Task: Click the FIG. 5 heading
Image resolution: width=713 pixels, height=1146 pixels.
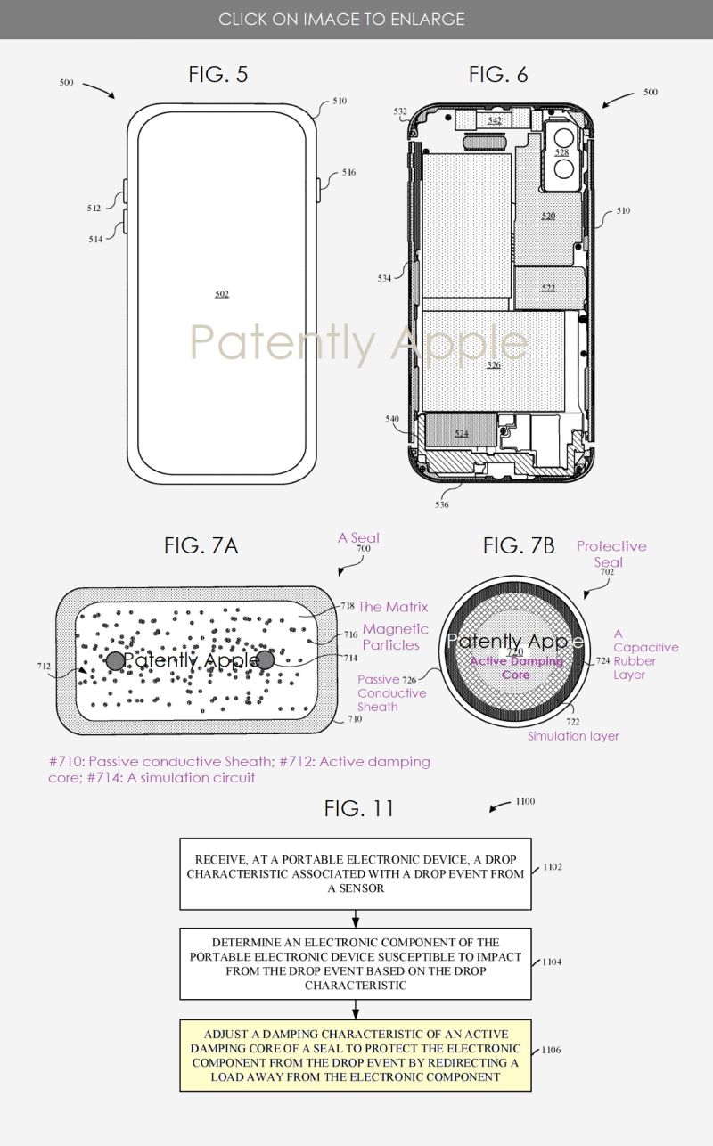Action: pyautogui.click(x=218, y=75)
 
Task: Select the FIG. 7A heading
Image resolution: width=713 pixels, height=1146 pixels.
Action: pyautogui.click(x=201, y=546)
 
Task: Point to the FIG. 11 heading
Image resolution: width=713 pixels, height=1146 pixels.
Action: pyautogui.click(x=358, y=808)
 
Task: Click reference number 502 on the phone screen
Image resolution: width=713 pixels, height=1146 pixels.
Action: pyautogui.click(x=222, y=293)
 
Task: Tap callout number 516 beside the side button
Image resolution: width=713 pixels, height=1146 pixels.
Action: pyautogui.click(x=348, y=172)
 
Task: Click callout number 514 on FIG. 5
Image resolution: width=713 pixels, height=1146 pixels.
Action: pyautogui.click(x=95, y=239)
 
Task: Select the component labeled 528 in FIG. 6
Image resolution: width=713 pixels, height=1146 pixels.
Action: pyautogui.click(x=561, y=152)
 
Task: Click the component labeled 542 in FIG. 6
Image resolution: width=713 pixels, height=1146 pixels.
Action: pyautogui.click(x=494, y=120)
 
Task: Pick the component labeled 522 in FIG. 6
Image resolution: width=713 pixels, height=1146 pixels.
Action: pyautogui.click(x=547, y=288)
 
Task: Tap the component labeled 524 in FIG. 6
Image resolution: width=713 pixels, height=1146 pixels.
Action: pyautogui.click(x=461, y=433)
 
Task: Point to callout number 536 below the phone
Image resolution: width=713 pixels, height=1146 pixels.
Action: pyautogui.click(x=442, y=505)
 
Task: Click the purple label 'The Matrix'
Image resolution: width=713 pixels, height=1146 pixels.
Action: pyautogui.click(x=393, y=607)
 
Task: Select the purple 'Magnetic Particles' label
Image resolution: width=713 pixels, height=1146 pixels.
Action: pyautogui.click(x=396, y=636)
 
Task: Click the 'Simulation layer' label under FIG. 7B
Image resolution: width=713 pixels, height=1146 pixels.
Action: pyautogui.click(x=573, y=736)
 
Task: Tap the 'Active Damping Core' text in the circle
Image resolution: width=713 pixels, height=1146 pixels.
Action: pyautogui.click(x=516, y=667)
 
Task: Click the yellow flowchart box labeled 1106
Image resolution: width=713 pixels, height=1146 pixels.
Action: pyautogui.click(x=356, y=1056)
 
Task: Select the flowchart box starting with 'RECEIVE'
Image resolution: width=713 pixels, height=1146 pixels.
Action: pyautogui.click(x=356, y=873)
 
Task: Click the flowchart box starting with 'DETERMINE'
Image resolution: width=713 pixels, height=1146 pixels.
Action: pyautogui.click(x=356, y=964)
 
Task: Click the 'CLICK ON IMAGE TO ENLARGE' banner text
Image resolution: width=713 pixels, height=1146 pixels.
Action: pyautogui.click(x=341, y=19)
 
